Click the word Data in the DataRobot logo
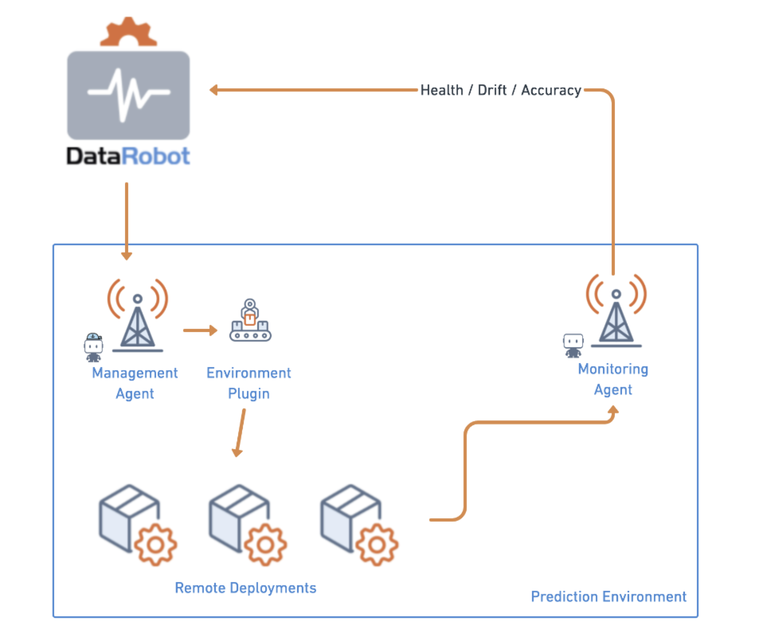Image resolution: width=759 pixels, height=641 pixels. tap(93, 156)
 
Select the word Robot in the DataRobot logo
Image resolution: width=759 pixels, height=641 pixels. tap(156, 156)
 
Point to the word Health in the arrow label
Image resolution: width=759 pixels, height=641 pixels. tap(442, 90)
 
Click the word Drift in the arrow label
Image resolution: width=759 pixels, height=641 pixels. tap(492, 90)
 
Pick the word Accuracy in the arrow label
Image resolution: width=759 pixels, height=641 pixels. tap(551, 90)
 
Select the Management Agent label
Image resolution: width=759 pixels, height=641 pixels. tap(135, 383)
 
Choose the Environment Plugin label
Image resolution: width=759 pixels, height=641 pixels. tap(248, 383)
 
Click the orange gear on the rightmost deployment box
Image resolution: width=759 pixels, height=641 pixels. tap(376, 545)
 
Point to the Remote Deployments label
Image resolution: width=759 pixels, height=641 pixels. tap(245, 588)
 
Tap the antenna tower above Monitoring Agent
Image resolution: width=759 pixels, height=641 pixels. tap(616, 313)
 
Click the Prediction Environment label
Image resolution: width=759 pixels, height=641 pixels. tap(608, 596)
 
